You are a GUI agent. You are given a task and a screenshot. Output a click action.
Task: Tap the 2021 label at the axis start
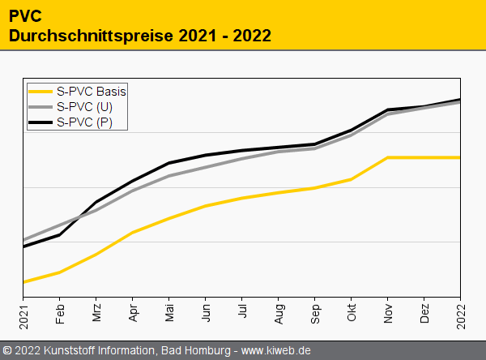click(24, 312)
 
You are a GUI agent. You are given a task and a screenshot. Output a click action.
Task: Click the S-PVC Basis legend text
click(92, 91)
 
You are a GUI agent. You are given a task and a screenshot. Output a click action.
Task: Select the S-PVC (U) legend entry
click(86, 106)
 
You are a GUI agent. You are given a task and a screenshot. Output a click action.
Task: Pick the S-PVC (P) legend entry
click(86, 122)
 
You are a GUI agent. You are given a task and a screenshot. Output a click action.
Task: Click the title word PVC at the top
click(25, 16)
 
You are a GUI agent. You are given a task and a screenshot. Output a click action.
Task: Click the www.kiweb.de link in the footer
click(276, 350)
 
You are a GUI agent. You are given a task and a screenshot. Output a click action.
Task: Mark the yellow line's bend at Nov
click(389, 157)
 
